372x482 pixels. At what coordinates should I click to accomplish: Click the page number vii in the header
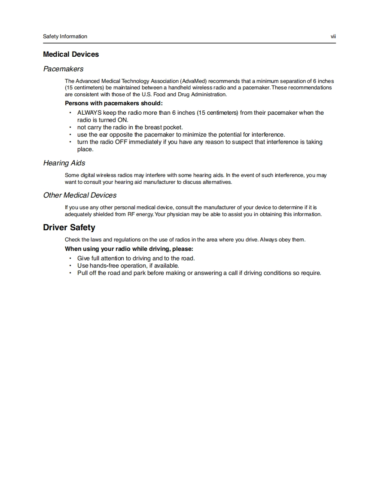[x=333, y=37]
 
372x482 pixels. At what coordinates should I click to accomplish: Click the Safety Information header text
[x=65, y=37]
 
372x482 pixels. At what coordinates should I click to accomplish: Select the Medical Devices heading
[x=71, y=55]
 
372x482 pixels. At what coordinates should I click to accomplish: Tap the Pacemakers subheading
[x=63, y=69]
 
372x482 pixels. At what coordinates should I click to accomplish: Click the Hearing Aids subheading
[x=64, y=163]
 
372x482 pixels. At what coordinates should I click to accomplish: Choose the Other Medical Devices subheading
[x=79, y=195]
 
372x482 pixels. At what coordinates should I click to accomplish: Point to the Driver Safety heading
[x=69, y=228]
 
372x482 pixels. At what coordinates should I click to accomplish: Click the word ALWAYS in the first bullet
[x=89, y=113]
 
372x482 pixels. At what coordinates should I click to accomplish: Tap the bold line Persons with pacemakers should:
[x=114, y=104]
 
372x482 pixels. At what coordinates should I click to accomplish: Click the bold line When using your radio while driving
[x=129, y=249]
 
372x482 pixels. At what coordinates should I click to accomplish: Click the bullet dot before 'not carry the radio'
[x=70, y=128]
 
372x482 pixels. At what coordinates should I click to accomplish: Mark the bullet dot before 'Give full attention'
[x=70, y=259]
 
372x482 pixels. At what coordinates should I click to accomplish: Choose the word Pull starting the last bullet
[x=83, y=273]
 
